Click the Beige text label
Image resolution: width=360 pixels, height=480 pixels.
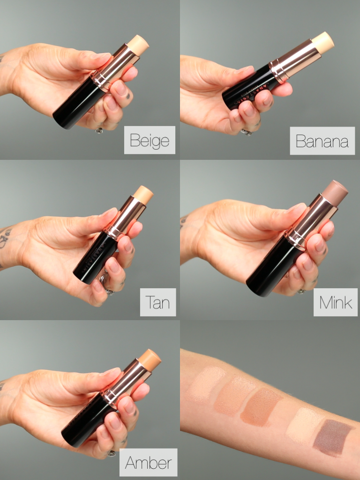click(x=150, y=140)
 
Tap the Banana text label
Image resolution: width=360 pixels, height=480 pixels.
click(x=322, y=141)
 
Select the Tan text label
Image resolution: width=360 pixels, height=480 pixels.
click(x=157, y=302)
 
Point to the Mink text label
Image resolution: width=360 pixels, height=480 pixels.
click(x=335, y=302)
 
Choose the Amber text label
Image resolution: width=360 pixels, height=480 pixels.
click(x=148, y=463)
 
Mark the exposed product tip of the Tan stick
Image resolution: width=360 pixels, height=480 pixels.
click(x=144, y=195)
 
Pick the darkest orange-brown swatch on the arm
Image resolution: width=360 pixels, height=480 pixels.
click(x=261, y=406)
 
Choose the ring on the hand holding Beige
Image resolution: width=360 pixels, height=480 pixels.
click(x=99, y=131)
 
